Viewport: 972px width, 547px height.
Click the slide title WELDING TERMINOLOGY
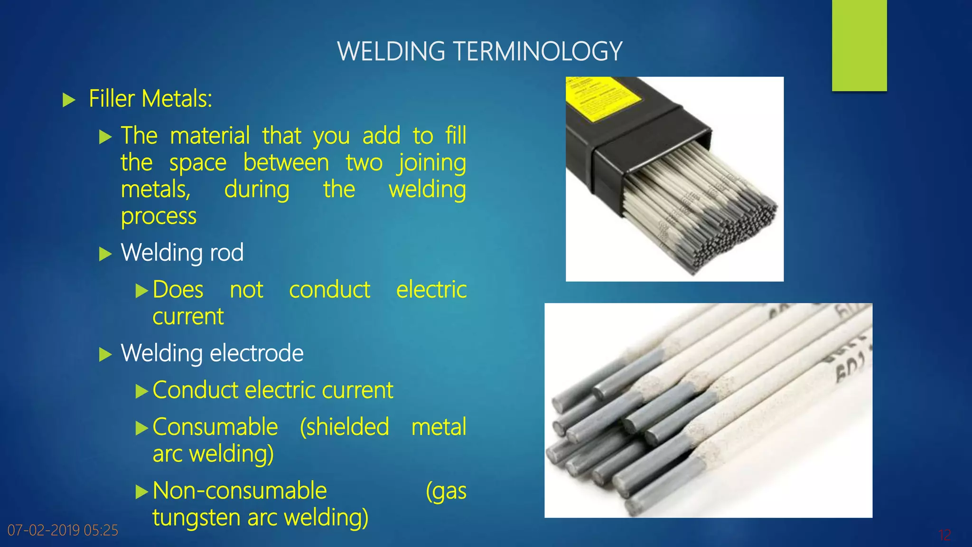click(x=479, y=51)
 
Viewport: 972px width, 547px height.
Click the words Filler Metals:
click(x=150, y=99)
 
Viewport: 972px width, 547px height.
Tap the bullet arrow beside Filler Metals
click(x=69, y=100)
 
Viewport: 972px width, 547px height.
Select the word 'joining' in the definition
click(x=432, y=163)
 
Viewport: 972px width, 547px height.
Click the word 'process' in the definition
click(x=159, y=217)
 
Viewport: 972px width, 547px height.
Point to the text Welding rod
click(x=182, y=253)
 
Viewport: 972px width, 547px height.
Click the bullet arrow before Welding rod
click(x=105, y=254)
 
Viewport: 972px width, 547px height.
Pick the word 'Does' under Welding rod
click(x=178, y=290)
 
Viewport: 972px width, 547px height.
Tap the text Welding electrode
click(x=212, y=353)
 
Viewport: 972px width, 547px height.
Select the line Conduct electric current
click(x=273, y=390)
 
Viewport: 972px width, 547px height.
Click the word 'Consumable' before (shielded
click(x=215, y=427)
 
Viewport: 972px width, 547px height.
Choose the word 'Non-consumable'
click(x=240, y=490)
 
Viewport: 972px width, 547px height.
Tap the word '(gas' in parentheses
click(x=446, y=491)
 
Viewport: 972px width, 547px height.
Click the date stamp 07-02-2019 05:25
click(x=63, y=530)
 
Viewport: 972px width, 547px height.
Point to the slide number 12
click(x=944, y=535)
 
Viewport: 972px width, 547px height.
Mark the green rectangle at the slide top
click(x=859, y=45)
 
